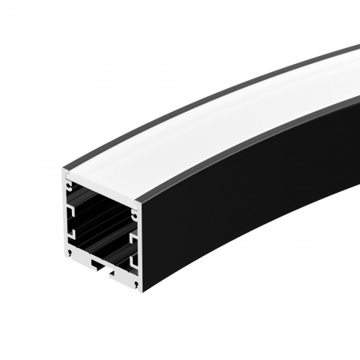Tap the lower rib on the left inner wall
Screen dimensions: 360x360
(x=73, y=234)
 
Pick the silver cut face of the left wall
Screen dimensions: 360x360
(x=65, y=216)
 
